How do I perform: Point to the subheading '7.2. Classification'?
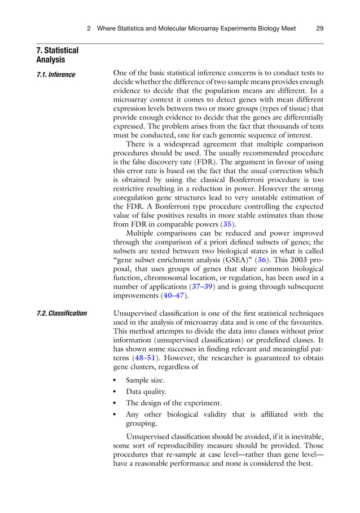pos(62,313)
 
